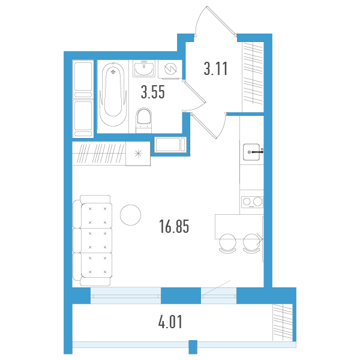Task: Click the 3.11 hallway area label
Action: pyautogui.click(x=215, y=68)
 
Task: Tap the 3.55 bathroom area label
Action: pyautogui.click(x=152, y=92)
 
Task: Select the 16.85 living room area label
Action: pyautogui.click(x=174, y=226)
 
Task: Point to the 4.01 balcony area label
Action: pyautogui.click(x=170, y=322)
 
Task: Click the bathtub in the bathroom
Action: pyautogui.click(x=113, y=94)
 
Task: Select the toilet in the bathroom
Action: pyautogui.click(x=144, y=119)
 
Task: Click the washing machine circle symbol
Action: pyautogui.click(x=170, y=68)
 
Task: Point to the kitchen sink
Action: pyautogui.click(x=251, y=152)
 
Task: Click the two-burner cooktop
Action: pyautogui.click(x=252, y=202)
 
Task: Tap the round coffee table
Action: pyautogui.click(x=130, y=215)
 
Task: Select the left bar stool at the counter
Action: pyautogui.click(x=227, y=244)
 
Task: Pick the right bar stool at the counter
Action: pyautogui.click(x=251, y=244)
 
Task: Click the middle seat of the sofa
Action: pyautogui.click(x=97, y=241)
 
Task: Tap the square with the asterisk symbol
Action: pyautogui.click(x=138, y=154)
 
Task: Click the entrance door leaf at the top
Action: pyautogui.click(x=221, y=20)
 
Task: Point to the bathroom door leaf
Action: pyautogui.click(x=194, y=91)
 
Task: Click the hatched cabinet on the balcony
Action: pyautogui.click(x=283, y=322)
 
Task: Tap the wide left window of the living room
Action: pyautogui.click(x=125, y=295)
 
